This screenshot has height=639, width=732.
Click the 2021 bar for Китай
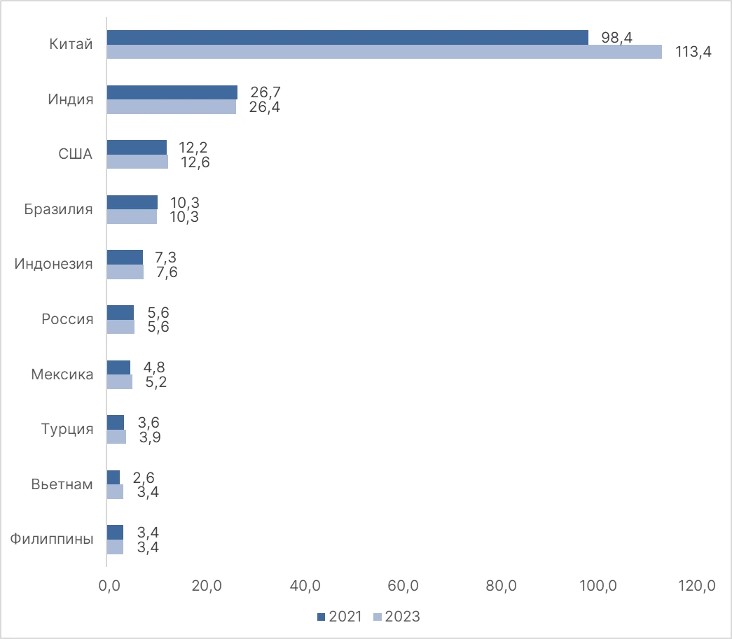click(x=347, y=38)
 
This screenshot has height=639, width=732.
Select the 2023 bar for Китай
click(x=384, y=52)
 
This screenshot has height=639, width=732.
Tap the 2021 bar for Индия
click(x=172, y=92)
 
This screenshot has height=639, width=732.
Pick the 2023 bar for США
click(x=137, y=162)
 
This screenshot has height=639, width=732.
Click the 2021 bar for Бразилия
click(x=132, y=202)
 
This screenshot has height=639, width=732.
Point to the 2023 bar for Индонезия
click(x=125, y=272)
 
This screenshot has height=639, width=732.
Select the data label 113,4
click(x=693, y=52)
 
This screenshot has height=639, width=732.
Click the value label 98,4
click(x=616, y=38)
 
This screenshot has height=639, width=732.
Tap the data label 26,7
click(x=265, y=92)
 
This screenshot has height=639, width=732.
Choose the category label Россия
click(x=67, y=319)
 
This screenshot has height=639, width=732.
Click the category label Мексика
click(x=62, y=374)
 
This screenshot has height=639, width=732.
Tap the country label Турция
click(x=67, y=429)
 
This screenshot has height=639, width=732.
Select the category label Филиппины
click(x=52, y=539)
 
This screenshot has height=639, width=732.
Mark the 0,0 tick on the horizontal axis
click(x=108, y=587)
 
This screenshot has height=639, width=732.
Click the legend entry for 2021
click(x=340, y=617)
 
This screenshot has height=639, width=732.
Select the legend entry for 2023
click(x=396, y=617)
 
